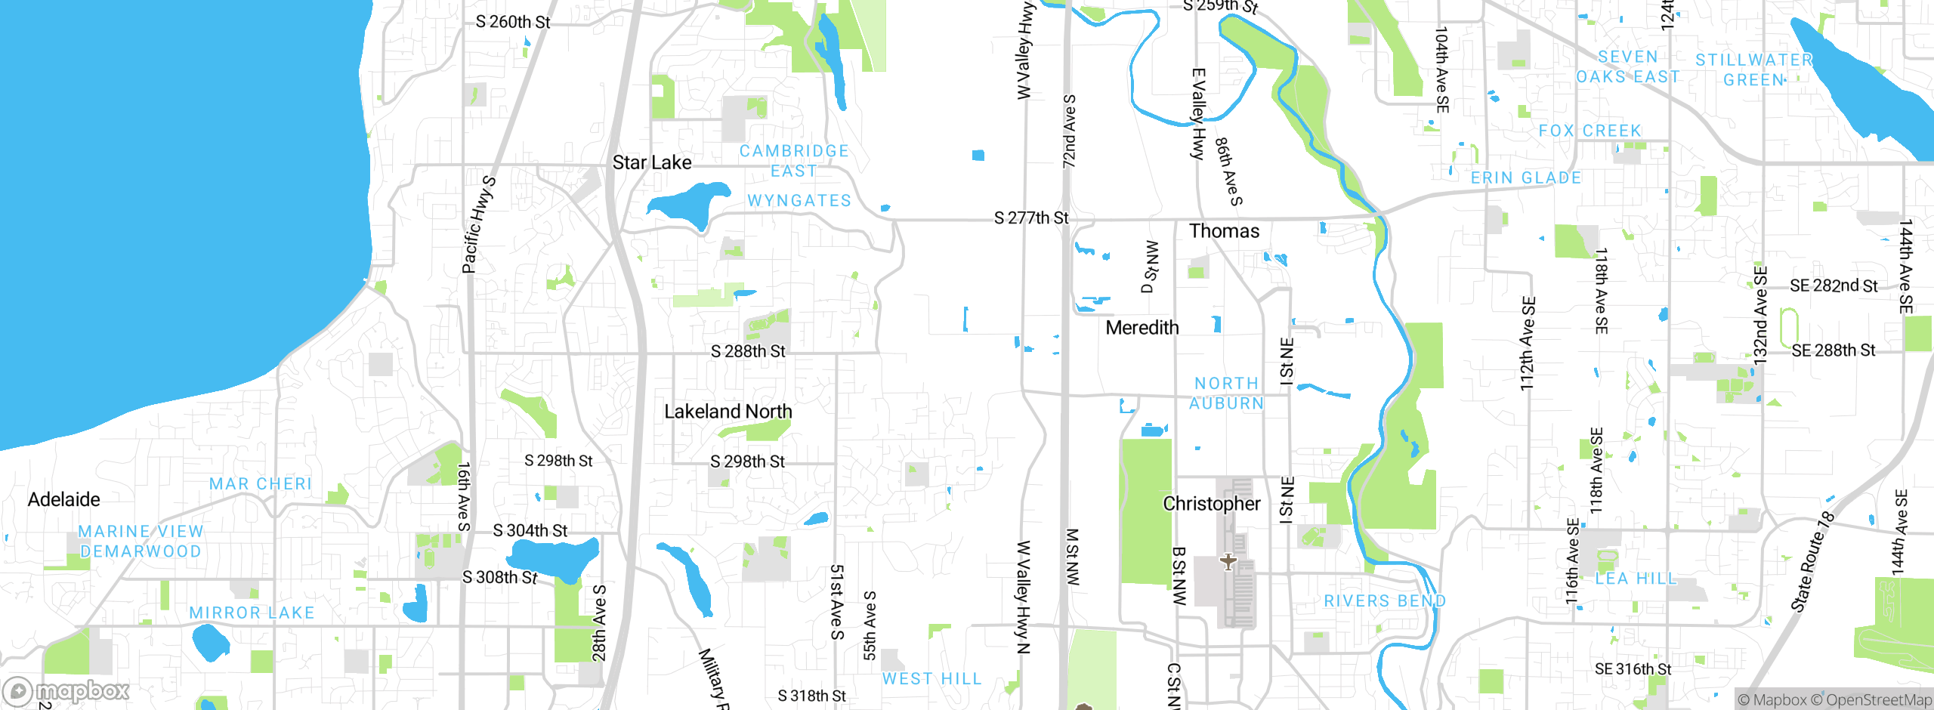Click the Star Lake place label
point(651,162)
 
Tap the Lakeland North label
point(728,412)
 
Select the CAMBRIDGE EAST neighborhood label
point(793,161)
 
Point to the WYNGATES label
point(799,201)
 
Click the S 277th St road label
point(1030,218)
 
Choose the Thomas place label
point(1224,231)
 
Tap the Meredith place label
point(1142,328)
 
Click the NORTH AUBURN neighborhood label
point(1226,394)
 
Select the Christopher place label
point(1211,504)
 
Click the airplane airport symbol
point(1228,562)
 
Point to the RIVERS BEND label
point(1384,601)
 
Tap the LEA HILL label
point(1636,579)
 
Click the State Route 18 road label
point(1812,562)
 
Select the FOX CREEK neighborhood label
point(1590,131)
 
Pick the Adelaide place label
point(63,499)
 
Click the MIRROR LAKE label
point(252,613)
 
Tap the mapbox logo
point(66,690)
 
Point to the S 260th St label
point(513,22)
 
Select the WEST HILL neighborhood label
point(931,679)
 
